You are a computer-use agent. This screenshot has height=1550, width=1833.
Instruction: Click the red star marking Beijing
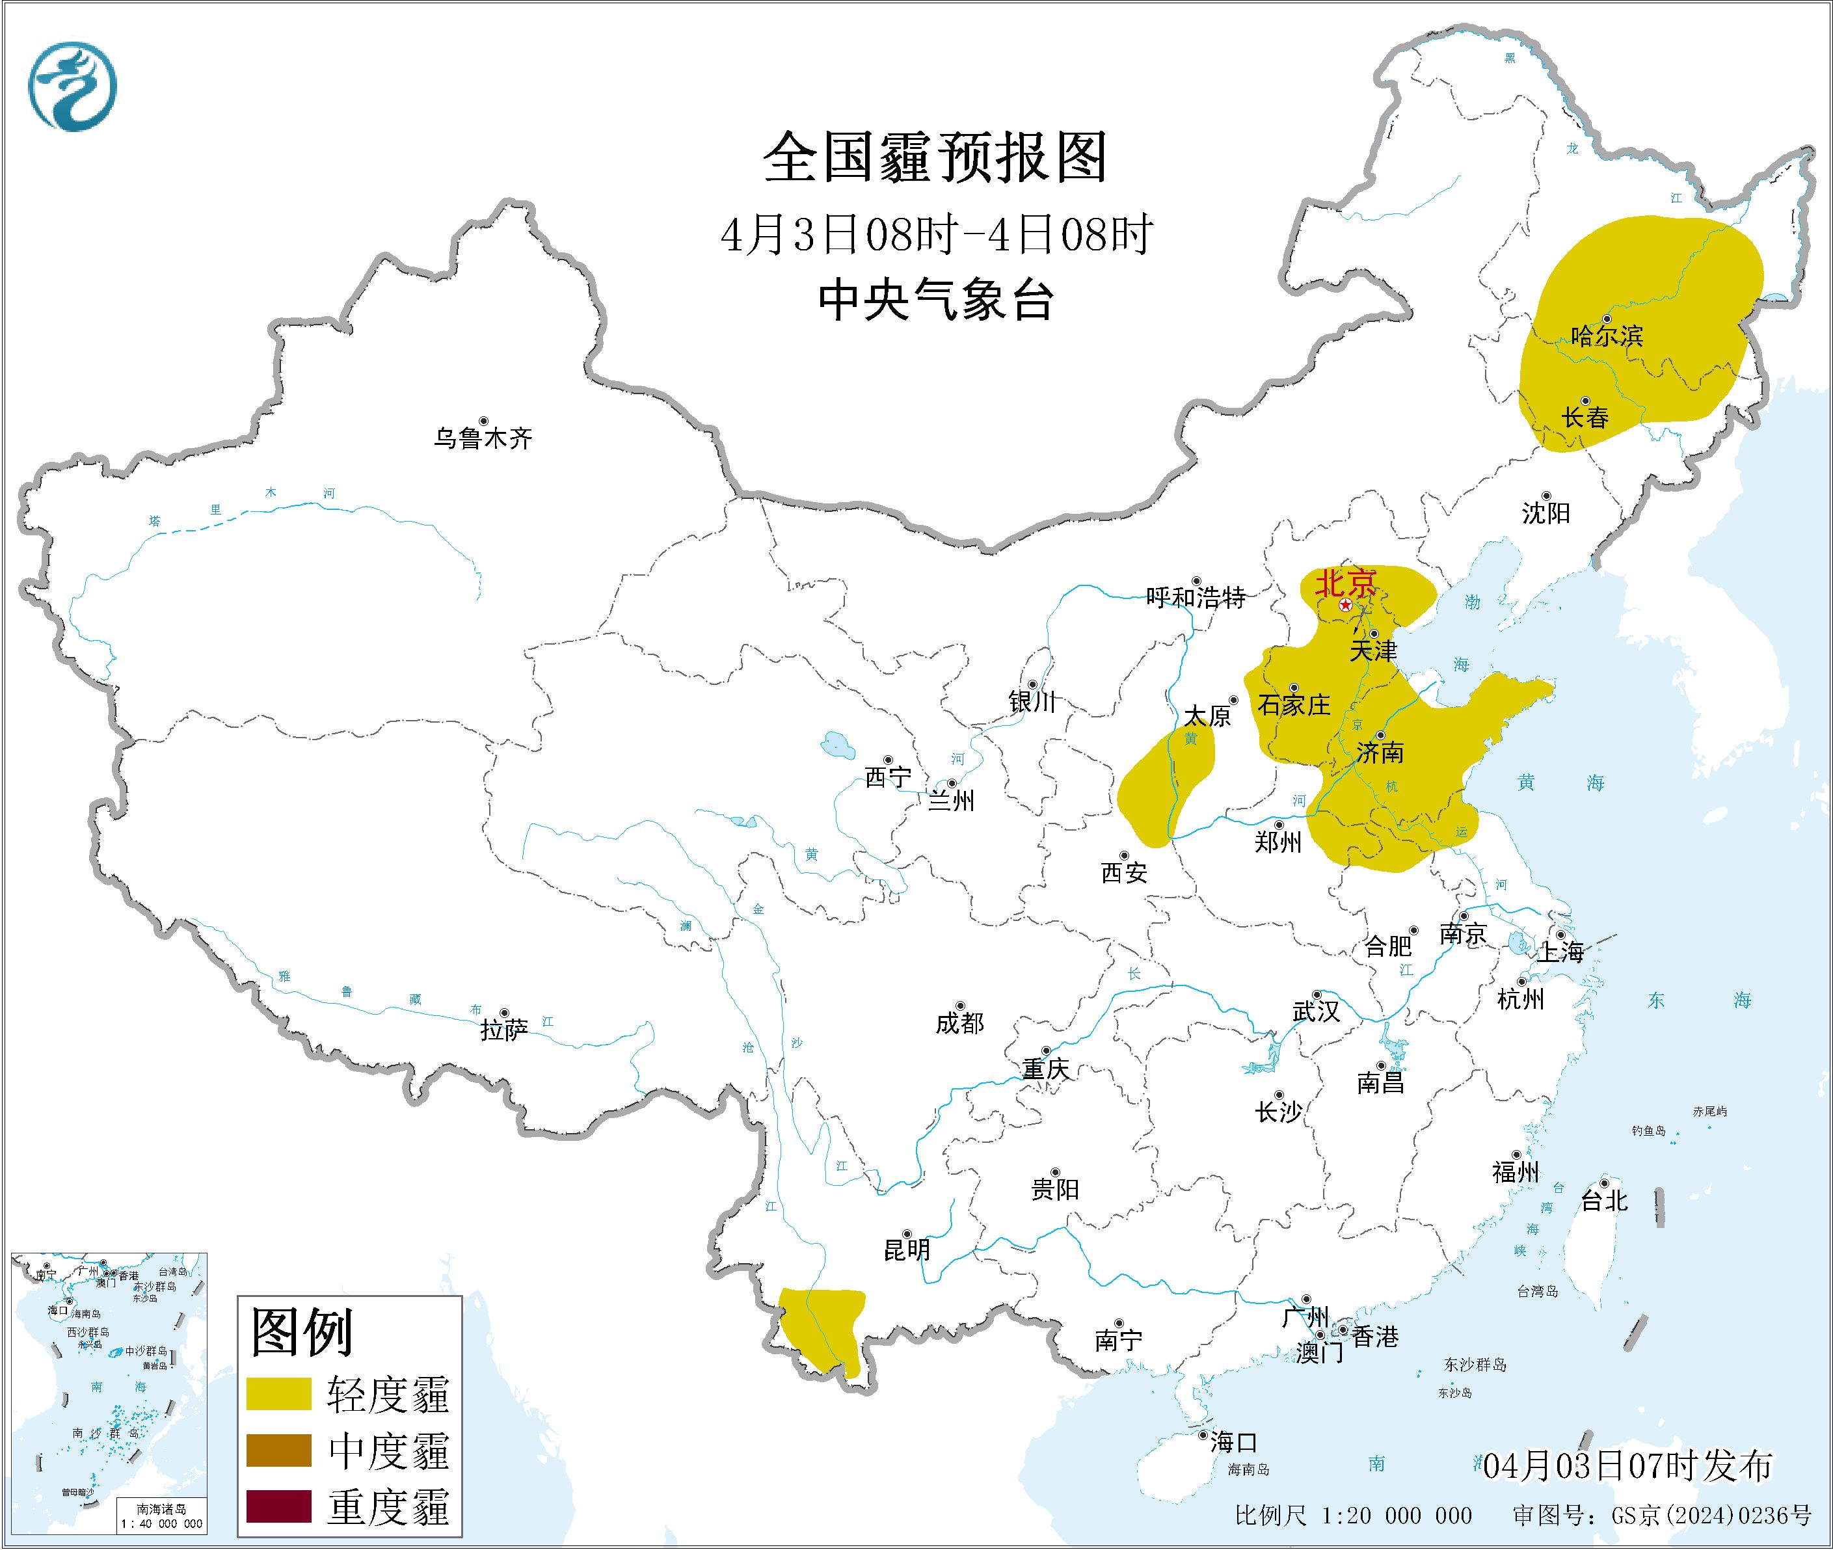(x=1345, y=606)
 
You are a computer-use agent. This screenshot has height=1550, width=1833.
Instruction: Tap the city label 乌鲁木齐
(x=483, y=438)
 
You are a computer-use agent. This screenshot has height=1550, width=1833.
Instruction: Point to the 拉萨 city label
(x=503, y=1030)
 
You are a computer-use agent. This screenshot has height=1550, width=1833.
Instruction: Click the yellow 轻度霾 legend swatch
(x=278, y=1394)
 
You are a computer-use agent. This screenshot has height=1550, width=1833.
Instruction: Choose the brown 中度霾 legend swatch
(x=278, y=1450)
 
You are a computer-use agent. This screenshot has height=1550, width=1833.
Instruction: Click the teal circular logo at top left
(x=72, y=87)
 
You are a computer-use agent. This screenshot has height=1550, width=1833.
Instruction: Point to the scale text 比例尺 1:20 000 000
(x=1352, y=1515)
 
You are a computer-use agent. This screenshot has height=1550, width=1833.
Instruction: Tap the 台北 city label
(x=1603, y=1201)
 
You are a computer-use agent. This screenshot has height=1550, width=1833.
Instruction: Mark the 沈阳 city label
(x=1545, y=513)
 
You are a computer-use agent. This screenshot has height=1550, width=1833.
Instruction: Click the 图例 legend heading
(x=301, y=1332)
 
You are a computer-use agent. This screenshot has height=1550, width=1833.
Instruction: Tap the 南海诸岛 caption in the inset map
(x=161, y=1510)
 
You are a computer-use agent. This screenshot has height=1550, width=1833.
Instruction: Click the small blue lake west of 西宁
(x=836, y=746)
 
